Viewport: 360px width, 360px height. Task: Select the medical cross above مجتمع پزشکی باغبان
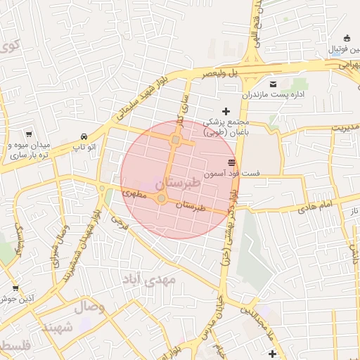click(226, 111)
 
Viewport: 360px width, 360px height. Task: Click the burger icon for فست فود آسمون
click(231, 163)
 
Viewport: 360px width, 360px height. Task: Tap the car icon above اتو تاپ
click(84, 136)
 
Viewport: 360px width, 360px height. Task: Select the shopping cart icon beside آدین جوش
click(15, 288)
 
